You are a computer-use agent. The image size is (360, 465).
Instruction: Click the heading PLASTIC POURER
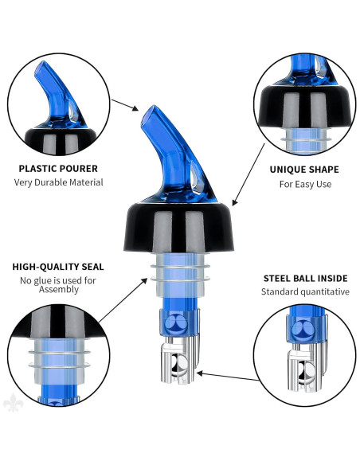[58, 169]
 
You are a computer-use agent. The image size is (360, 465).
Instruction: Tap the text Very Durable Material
[58, 182]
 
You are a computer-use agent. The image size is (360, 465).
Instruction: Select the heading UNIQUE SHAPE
[303, 170]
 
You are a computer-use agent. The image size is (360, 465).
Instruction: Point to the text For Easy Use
[303, 184]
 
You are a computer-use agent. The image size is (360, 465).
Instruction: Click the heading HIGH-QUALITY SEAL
[58, 267]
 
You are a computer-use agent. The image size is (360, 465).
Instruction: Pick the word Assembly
[58, 290]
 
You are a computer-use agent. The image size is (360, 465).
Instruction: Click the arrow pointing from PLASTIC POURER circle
[123, 105]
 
